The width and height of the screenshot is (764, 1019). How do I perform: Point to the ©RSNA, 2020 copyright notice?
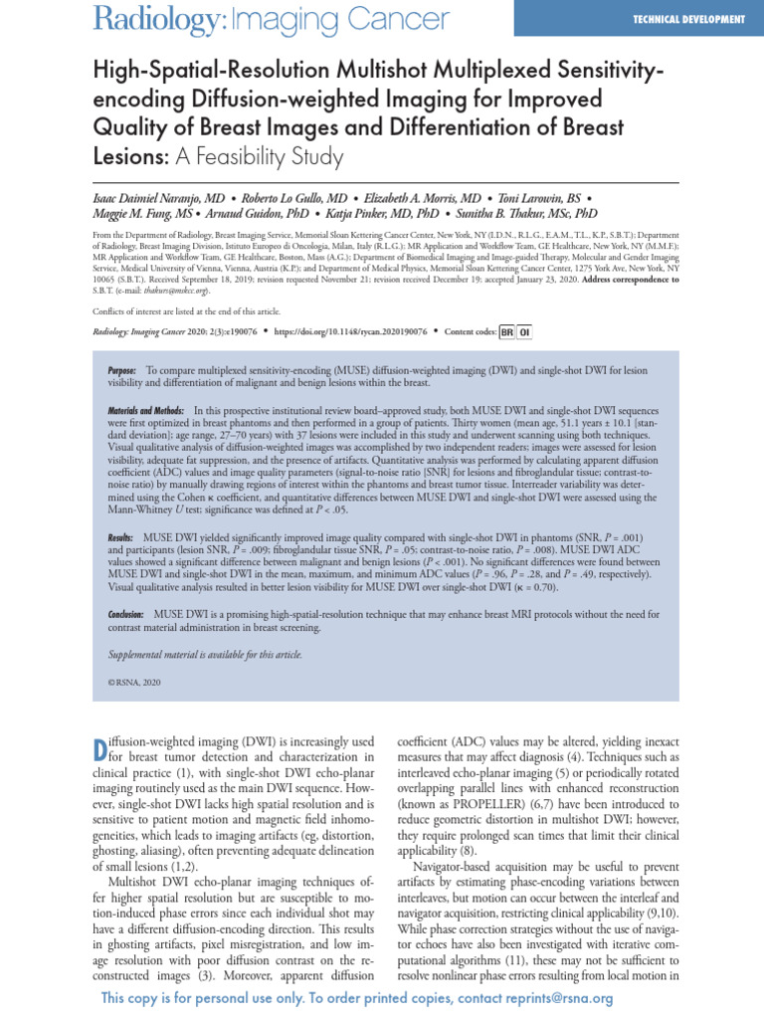coord(134,683)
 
